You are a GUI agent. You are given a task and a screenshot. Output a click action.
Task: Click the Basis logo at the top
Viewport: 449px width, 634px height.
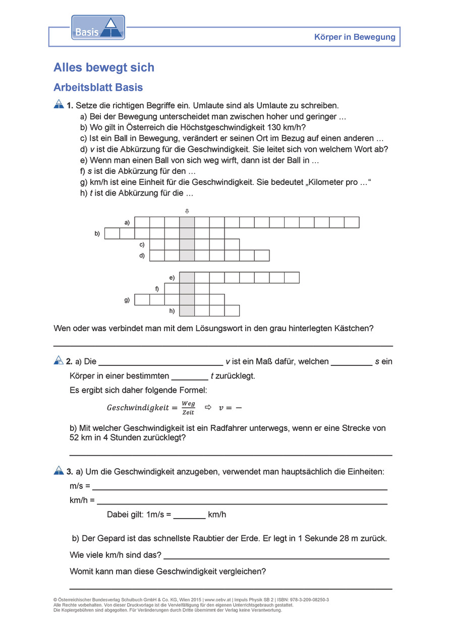[98, 28]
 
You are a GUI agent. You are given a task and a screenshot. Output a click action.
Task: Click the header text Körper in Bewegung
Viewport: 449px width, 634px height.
[355, 37]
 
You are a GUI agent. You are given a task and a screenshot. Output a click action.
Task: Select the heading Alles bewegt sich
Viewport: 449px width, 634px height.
[104, 68]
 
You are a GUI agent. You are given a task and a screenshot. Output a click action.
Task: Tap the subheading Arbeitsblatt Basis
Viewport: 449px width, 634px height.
[98, 87]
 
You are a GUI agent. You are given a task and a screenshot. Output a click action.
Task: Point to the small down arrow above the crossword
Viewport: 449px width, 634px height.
[187, 211]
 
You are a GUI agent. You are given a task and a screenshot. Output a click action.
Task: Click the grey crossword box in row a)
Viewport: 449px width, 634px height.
[187, 222]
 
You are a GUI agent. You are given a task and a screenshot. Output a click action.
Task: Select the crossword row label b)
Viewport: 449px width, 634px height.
[97, 233]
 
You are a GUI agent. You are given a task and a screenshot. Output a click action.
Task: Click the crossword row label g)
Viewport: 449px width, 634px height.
[127, 300]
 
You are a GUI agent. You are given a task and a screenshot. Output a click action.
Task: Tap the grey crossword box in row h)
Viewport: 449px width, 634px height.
[187, 310]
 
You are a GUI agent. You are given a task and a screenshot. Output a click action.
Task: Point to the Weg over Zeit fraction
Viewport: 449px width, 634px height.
[188, 408]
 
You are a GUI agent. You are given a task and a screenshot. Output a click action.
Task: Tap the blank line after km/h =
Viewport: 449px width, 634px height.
[242, 502]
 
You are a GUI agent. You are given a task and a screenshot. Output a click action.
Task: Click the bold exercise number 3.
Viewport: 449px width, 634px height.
[70, 472]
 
